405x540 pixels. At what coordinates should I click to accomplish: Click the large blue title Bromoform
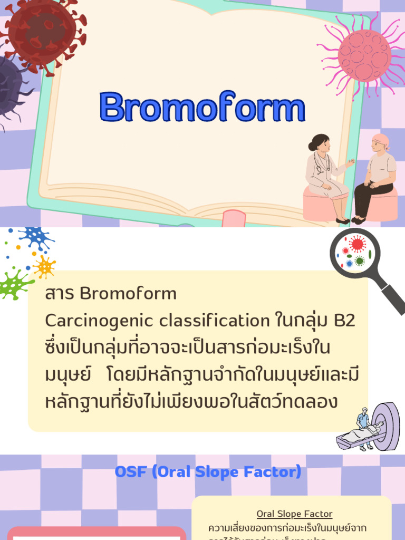(x=202, y=107)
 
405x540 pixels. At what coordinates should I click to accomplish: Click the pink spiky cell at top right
(x=364, y=55)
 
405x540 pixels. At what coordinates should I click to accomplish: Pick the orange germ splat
(x=44, y=267)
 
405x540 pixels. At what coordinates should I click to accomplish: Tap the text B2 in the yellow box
(x=344, y=320)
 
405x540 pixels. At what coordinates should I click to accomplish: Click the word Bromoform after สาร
(x=128, y=293)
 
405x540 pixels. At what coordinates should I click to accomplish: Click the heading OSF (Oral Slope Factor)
(x=208, y=471)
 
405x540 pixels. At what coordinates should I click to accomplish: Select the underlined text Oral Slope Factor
(x=294, y=514)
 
